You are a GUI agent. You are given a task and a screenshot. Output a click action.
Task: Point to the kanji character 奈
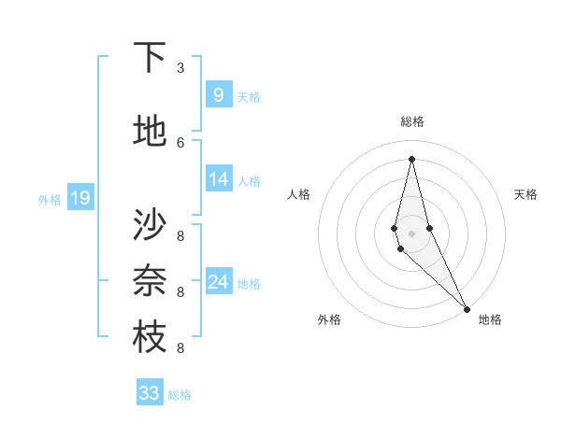click(x=150, y=281)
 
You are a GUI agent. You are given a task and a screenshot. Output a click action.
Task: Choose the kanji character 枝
click(x=150, y=337)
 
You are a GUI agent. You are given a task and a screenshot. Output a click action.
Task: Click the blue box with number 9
click(x=218, y=94)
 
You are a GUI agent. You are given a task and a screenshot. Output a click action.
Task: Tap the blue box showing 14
click(x=218, y=179)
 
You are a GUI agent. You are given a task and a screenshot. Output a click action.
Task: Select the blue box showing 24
click(x=218, y=282)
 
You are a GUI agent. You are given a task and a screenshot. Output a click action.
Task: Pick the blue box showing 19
click(x=79, y=197)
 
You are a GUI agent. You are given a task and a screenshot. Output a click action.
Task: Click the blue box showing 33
click(x=150, y=393)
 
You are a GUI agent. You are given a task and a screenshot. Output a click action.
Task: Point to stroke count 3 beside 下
click(x=180, y=68)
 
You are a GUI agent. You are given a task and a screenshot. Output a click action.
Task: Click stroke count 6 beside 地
click(x=180, y=142)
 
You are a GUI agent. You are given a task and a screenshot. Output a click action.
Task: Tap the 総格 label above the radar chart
click(x=412, y=121)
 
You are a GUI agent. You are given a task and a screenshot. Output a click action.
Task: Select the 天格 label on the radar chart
click(x=525, y=194)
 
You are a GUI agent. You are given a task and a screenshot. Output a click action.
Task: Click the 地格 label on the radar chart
click(x=490, y=319)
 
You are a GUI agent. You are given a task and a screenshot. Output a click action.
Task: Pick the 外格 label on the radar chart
click(x=329, y=319)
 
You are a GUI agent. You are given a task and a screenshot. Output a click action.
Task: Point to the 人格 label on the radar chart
click(x=299, y=194)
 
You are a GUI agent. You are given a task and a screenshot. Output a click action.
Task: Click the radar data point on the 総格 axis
click(x=411, y=158)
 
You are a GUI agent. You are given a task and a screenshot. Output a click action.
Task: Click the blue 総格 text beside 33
click(x=180, y=395)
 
